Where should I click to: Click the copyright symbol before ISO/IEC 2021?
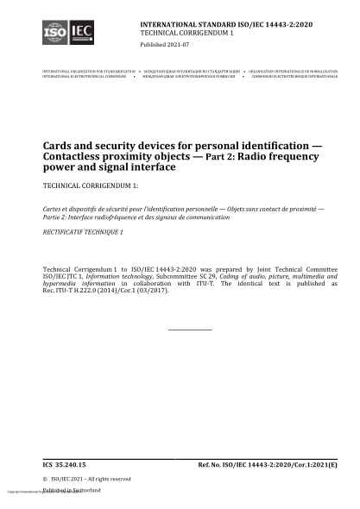coord(45,479)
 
